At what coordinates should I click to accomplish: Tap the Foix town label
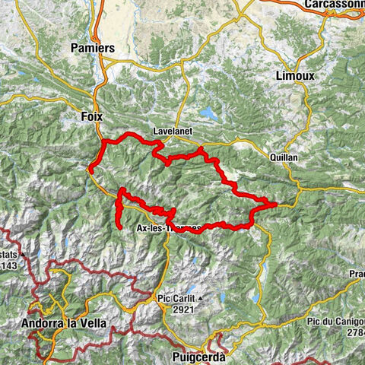[91, 116]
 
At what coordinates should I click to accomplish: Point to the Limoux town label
[293, 77]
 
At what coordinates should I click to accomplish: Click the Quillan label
[283, 157]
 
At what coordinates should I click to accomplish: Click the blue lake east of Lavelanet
[208, 114]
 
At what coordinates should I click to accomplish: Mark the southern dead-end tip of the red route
[120, 226]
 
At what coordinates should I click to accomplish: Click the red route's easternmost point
[275, 203]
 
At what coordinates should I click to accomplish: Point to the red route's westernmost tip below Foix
[90, 170]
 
